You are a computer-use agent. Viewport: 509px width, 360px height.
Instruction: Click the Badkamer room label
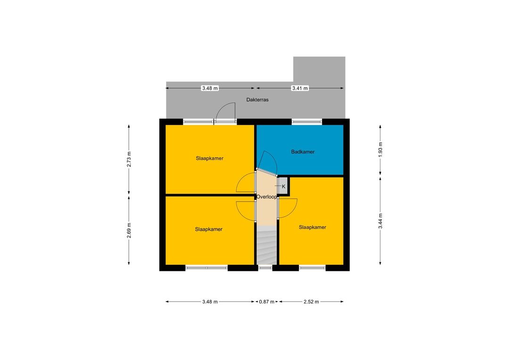coord(303,152)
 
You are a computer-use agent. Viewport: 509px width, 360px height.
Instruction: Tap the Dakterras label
coord(257,99)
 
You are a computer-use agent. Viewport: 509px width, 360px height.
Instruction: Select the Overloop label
coord(266,196)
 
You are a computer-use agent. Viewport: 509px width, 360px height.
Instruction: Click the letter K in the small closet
coord(283,187)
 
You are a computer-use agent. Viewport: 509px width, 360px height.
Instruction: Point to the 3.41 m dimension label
coord(300,88)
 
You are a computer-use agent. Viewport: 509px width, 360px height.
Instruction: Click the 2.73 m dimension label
coord(129,159)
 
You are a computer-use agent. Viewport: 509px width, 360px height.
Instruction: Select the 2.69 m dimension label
coord(129,230)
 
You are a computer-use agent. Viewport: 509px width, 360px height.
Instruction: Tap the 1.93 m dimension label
coord(380,150)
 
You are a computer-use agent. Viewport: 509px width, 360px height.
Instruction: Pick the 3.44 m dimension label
coord(380,221)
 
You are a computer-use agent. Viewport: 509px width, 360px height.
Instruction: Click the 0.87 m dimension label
coord(266,302)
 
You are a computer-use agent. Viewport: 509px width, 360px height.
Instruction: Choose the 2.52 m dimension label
coord(312,302)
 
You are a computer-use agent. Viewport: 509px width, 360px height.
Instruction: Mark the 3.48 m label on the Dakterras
coord(210,88)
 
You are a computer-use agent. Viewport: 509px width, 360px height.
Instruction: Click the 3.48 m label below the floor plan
coord(210,302)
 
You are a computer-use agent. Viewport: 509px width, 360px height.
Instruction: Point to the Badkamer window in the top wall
coord(307,122)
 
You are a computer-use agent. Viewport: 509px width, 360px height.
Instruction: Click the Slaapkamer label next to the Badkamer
coord(209,158)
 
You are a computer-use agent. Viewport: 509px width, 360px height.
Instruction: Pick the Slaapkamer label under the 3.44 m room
coord(312,227)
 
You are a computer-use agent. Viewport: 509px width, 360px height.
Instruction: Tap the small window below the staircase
coord(265,268)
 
